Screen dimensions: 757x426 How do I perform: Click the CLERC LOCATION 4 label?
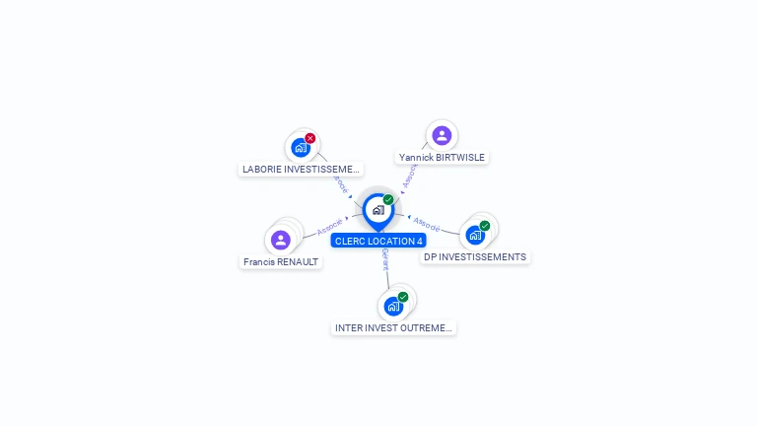point(378,241)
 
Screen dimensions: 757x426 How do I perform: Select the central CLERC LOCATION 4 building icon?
point(378,210)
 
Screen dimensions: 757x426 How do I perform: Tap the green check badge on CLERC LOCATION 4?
point(388,200)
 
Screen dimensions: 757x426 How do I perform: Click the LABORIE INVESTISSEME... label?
point(301,169)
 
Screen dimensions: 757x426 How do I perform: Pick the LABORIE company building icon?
point(301,148)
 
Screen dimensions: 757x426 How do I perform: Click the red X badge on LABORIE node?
point(310,138)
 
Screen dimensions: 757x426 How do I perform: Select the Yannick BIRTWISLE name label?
point(443,157)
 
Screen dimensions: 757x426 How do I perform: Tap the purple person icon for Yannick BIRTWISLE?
point(442,136)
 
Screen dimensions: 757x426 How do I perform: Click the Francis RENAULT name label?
point(281,262)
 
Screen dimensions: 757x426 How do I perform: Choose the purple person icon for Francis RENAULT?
point(281,240)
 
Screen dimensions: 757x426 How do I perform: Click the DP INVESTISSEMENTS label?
point(475,257)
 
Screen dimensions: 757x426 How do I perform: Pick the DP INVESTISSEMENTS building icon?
point(475,236)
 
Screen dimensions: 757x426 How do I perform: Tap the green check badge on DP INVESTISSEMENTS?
point(485,226)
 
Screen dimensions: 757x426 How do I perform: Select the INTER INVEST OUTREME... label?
point(393,327)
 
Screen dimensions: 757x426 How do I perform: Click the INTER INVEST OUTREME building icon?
point(393,307)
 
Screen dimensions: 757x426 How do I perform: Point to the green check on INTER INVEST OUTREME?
point(403,297)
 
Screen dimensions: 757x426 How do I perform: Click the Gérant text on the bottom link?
point(384,259)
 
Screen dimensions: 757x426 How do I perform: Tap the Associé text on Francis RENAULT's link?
point(330,226)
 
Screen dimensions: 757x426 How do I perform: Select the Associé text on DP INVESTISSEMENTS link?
point(427,225)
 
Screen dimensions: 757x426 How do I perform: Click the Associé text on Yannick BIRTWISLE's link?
point(410,175)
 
